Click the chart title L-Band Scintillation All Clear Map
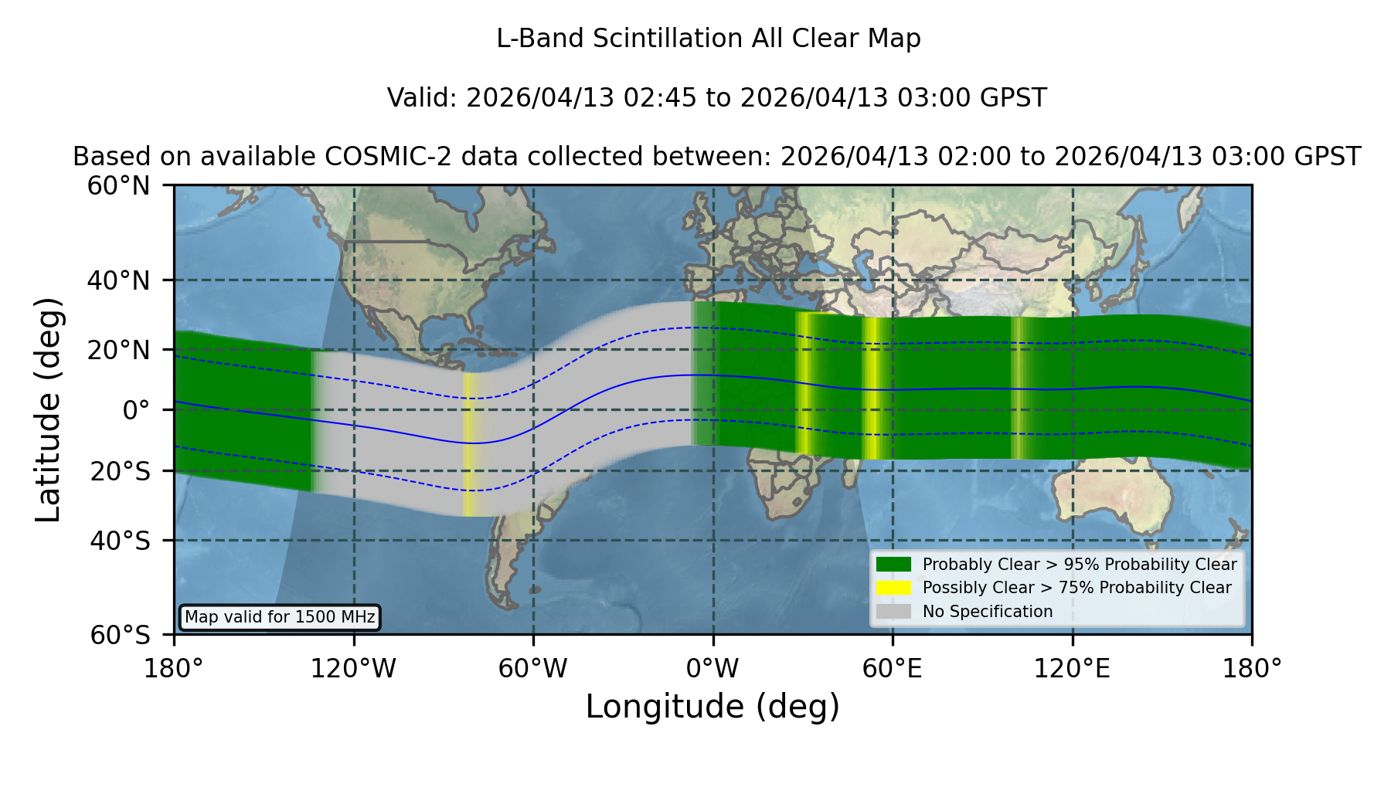click(x=709, y=39)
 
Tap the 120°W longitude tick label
click(x=353, y=669)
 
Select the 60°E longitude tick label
click(x=893, y=669)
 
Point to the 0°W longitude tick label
click(x=713, y=669)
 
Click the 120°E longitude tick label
click(x=1072, y=669)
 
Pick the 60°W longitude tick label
click(x=533, y=669)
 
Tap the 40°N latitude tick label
click(x=119, y=280)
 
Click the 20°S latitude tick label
click(x=121, y=471)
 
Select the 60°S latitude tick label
click(x=121, y=635)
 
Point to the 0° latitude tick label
click(x=136, y=410)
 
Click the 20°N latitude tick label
click(x=119, y=350)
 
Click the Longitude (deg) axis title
click(x=713, y=707)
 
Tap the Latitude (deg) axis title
click(x=49, y=409)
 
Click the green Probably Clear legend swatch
click(x=893, y=564)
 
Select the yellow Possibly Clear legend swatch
click(x=893, y=587)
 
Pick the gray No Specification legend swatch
click(x=893, y=611)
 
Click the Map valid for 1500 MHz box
click(x=280, y=617)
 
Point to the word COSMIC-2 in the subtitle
click(x=376, y=157)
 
